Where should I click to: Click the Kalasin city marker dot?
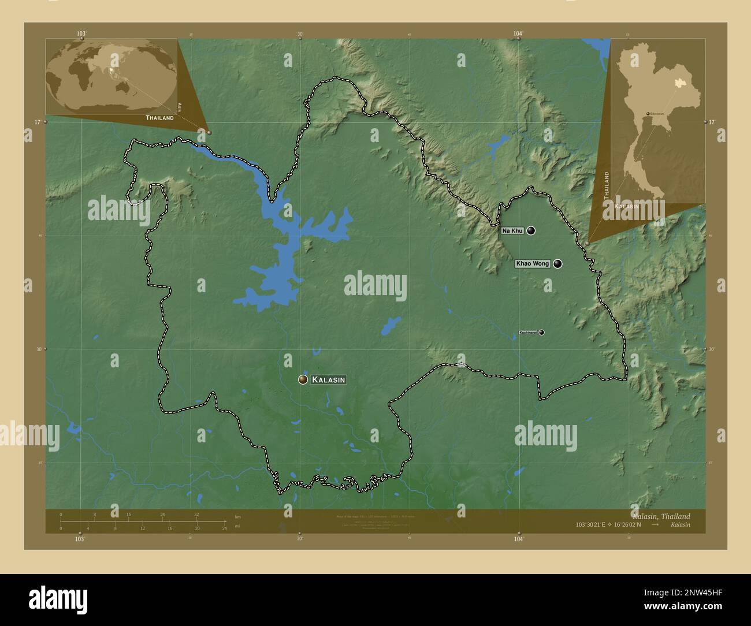(x=303, y=379)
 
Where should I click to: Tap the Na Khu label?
(x=512, y=230)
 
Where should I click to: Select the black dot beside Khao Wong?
(x=557, y=264)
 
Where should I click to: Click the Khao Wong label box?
(x=533, y=264)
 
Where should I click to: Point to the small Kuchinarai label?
(x=528, y=333)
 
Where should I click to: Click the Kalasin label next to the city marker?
(x=328, y=379)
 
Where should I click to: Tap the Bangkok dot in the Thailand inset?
(x=648, y=114)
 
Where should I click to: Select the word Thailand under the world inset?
(x=159, y=118)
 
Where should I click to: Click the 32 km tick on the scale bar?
(x=196, y=514)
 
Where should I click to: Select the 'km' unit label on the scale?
(x=237, y=516)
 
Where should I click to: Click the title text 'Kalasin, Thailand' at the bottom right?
(x=661, y=516)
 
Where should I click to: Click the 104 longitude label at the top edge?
(x=518, y=34)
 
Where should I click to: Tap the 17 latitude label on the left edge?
(x=37, y=122)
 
